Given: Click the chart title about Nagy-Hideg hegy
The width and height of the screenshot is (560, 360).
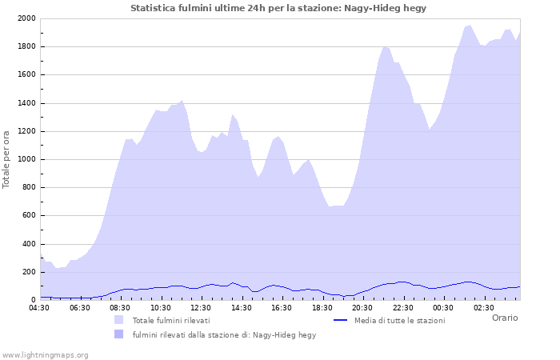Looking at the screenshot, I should tap(278, 8).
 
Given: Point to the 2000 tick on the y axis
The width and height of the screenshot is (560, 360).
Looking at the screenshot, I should tap(26, 18).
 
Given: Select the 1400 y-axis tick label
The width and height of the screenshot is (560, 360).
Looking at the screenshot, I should tap(26, 103).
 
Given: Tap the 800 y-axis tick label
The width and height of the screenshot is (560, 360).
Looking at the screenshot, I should tap(29, 188).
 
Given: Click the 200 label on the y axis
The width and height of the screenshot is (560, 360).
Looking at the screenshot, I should tap(29, 272).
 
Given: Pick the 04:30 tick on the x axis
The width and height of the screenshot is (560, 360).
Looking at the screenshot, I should tap(40, 307).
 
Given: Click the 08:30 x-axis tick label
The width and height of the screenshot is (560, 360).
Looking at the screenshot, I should tap(121, 307).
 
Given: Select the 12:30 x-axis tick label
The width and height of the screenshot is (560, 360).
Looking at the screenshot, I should tap(202, 307).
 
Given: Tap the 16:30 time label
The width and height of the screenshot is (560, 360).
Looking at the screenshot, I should tap(282, 307).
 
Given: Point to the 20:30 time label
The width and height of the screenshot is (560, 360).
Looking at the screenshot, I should tap(362, 307).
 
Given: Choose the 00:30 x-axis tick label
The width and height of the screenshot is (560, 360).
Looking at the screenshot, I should tap(443, 307).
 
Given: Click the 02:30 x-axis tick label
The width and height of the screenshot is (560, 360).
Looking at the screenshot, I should tap(483, 307).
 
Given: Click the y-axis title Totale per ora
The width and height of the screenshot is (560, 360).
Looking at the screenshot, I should tap(7, 158).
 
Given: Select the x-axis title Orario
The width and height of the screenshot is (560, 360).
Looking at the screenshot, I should tap(504, 318).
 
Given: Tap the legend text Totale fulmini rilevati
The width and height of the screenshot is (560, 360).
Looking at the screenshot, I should tap(171, 321).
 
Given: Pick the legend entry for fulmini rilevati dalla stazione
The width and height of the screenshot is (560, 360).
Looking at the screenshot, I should tap(224, 335).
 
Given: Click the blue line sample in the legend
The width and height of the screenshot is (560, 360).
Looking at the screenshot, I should tap(340, 320).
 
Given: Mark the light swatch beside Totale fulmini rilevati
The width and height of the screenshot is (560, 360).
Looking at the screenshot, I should tap(119, 320).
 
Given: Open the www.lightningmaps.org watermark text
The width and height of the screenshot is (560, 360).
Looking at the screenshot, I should tap(45, 355).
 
